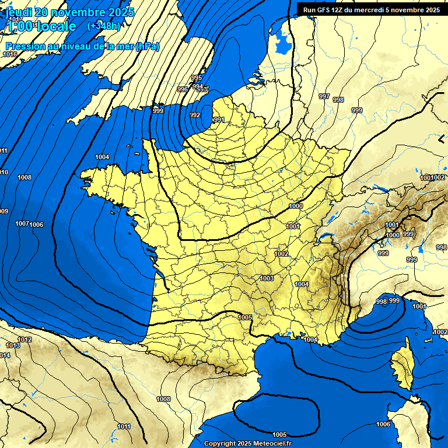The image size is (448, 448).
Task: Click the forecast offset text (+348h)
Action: point(103,26)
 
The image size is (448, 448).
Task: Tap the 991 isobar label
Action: point(219,120)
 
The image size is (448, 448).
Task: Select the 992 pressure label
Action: point(195,115)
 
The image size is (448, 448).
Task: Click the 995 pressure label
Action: point(197,78)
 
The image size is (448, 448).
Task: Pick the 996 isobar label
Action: point(183,89)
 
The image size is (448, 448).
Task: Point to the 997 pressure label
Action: point(324,96)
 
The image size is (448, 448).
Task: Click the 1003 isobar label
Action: point(267,278)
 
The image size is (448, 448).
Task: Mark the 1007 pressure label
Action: point(22,223)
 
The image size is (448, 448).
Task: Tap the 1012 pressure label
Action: point(25,339)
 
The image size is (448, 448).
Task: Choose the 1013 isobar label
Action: point(13,346)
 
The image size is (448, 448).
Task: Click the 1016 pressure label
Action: point(10,54)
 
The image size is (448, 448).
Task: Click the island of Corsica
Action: point(402,365)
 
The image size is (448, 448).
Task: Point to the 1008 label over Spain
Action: point(163,399)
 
